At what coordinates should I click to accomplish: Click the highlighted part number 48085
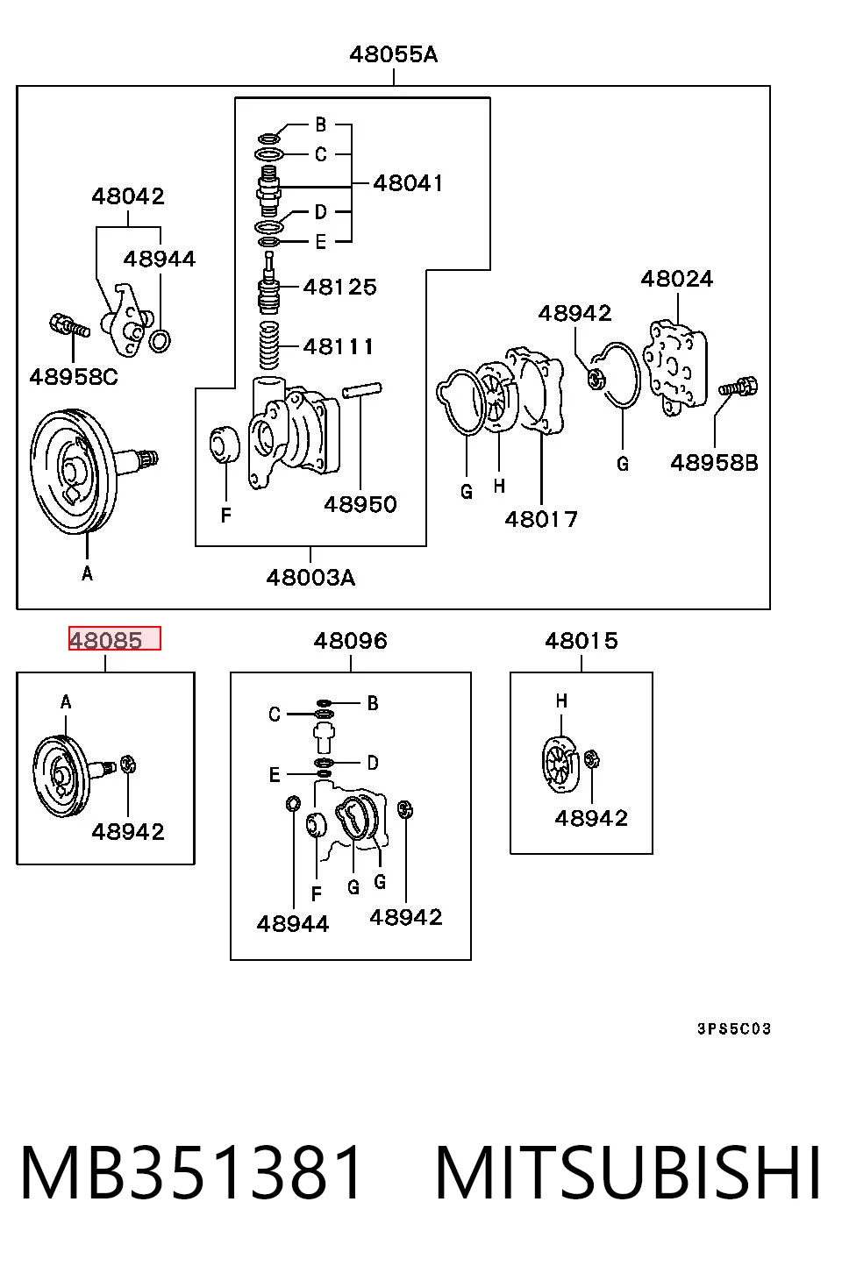pos(106,641)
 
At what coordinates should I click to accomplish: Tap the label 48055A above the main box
pos(394,54)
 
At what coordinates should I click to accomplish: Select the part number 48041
pos(408,183)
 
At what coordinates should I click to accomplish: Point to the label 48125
pos(339,287)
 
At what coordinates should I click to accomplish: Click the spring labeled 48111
pos(269,345)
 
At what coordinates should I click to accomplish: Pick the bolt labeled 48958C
pos(69,325)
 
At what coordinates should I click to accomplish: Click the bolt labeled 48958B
pos(738,387)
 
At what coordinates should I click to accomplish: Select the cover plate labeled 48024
pos(674,367)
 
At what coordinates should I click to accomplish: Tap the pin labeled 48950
pos(362,390)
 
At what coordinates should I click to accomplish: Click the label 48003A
pos(310,578)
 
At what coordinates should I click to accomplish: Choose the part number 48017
pos(540,519)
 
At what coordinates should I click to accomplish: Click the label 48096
pos(350,641)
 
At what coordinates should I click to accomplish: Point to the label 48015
pos(581,641)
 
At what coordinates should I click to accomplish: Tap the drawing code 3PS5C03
pos(734,1028)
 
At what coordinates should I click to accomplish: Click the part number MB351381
pos(190,1172)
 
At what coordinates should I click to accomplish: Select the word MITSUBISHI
pos(628,1172)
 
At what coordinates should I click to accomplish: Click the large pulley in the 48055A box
pos(73,472)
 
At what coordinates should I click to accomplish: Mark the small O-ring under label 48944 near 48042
pos(160,340)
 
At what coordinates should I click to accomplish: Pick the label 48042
pos(128,196)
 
